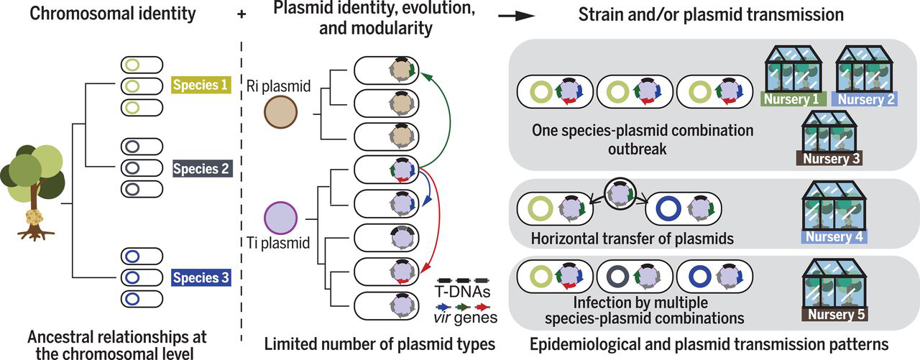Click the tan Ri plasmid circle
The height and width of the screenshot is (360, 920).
click(280, 113)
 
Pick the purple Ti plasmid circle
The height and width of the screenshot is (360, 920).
click(281, 218)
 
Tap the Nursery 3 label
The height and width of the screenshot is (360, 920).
click(827, 158)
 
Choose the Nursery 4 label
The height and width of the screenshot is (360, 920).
click(834, 236)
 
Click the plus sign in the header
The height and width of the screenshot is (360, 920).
click(241, 13)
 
